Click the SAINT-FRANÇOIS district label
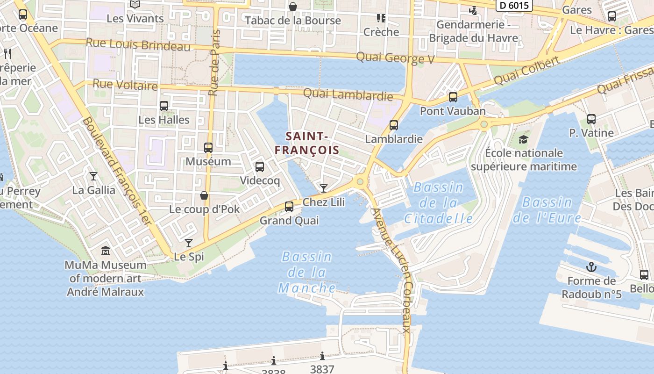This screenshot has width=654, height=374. (306, 143)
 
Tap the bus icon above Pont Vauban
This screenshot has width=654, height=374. (453, 97)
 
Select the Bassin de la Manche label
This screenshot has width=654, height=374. (307, 272)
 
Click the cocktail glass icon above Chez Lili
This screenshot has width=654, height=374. (323, 188)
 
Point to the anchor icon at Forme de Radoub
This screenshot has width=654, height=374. (591, 267)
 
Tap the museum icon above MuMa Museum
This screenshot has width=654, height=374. (106, 251)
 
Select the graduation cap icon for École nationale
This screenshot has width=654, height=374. (523, 139)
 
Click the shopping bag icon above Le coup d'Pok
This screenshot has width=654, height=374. (204, 195)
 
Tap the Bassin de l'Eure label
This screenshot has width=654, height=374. (547, 210)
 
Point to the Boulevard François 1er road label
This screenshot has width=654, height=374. (117, 171)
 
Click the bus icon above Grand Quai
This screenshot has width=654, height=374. (289, 206)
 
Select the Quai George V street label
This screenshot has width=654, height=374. (395, 58)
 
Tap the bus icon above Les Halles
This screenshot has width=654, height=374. (163, 106)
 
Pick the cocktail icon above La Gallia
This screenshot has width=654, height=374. (93, 176)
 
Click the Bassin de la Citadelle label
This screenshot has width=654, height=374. (438, 203)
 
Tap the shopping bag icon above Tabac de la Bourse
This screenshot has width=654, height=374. (292, 7)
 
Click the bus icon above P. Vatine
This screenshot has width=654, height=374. (591, 119)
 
